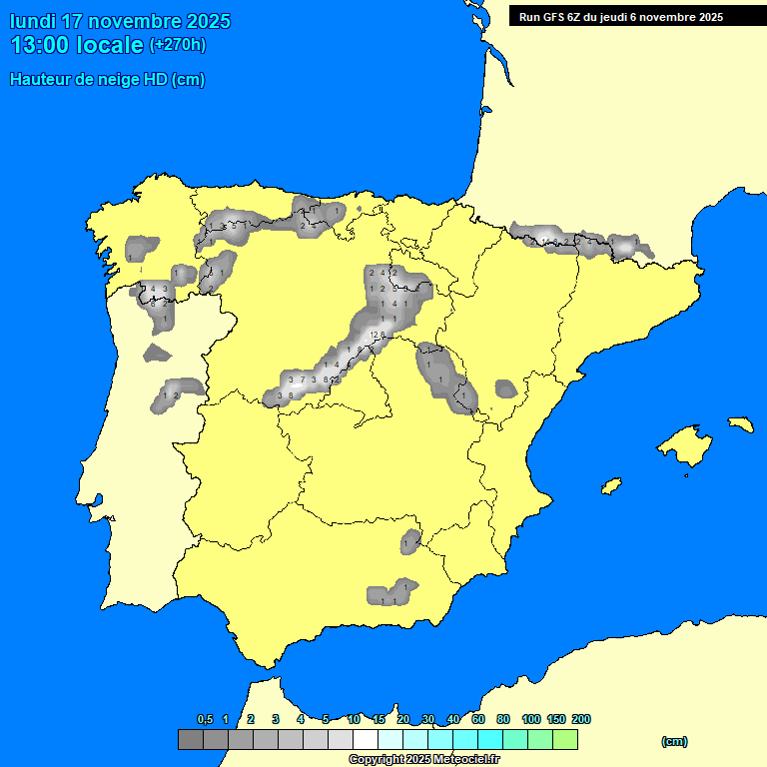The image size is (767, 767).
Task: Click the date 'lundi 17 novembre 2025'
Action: [x=120, y=21]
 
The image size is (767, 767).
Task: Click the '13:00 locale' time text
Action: [x=77, y=45]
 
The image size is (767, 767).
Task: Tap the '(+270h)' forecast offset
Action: [x=178, y=45]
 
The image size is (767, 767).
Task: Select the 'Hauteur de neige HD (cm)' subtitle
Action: [x=108, y=80]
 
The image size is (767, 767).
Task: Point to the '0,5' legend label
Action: [x=205, y=719]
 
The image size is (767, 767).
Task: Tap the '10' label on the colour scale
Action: [x=354, y=719]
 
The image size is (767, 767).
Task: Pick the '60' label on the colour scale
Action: [x=478, y=719]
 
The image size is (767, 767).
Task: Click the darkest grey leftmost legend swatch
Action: [x=190, y=739]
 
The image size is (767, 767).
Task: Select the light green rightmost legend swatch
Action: [x=564, y=739]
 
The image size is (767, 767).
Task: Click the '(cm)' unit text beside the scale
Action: [x=674, y=741]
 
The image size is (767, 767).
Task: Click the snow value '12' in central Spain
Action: [x=373, y=334]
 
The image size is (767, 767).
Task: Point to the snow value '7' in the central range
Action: [x=302, y=380]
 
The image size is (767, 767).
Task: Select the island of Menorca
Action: [x=739, y=424]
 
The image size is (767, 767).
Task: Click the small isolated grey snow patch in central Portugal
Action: [x=156, y=352]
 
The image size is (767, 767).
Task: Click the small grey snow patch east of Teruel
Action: [x=506, y=387]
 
